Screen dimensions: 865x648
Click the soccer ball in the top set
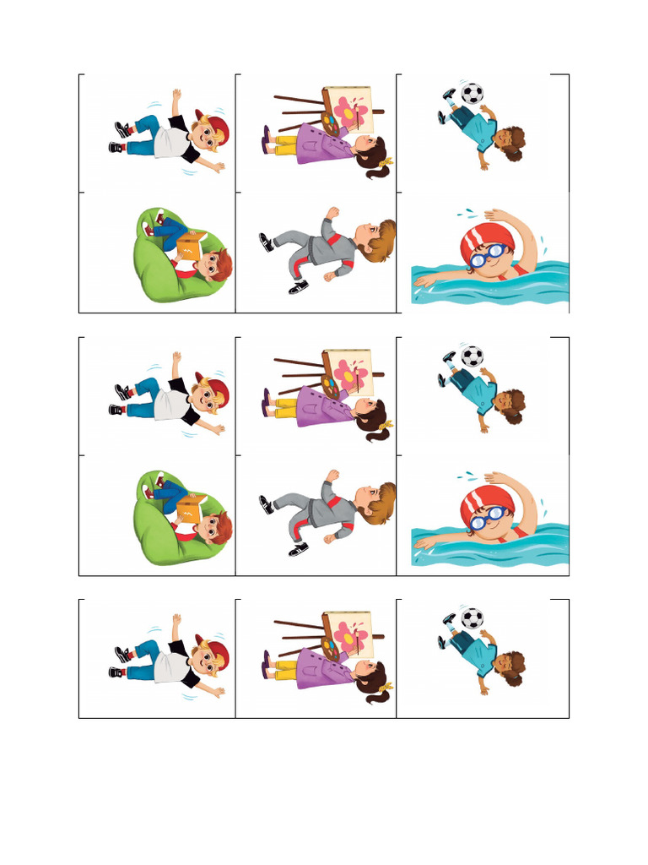(472, 93)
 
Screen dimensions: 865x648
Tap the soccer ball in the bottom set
(472, 618)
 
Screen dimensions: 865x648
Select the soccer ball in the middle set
(472, 356)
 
